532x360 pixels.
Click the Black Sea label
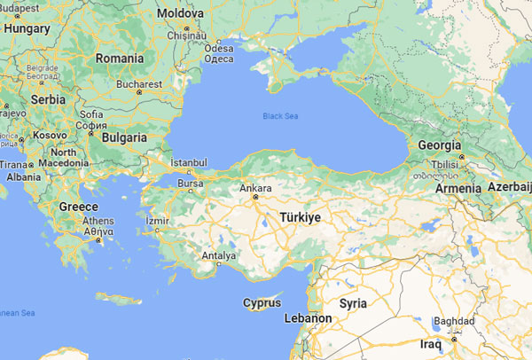(x=280, y=116)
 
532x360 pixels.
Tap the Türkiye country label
(x=300, y=216)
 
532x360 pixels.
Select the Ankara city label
(x=256, y=188)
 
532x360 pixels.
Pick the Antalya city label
(x=219, y=255)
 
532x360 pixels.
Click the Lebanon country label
(x=308, y=317)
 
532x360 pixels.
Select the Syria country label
(x=353, y=303)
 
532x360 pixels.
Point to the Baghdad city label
(x=455, y=321)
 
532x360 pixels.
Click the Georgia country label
(x=439, y=145)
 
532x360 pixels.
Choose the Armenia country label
(x=458, y=188)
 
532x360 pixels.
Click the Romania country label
(x=119, y=59)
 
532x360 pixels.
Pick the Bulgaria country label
(x=123, y=138)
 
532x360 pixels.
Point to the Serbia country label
(x=48, y=100)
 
